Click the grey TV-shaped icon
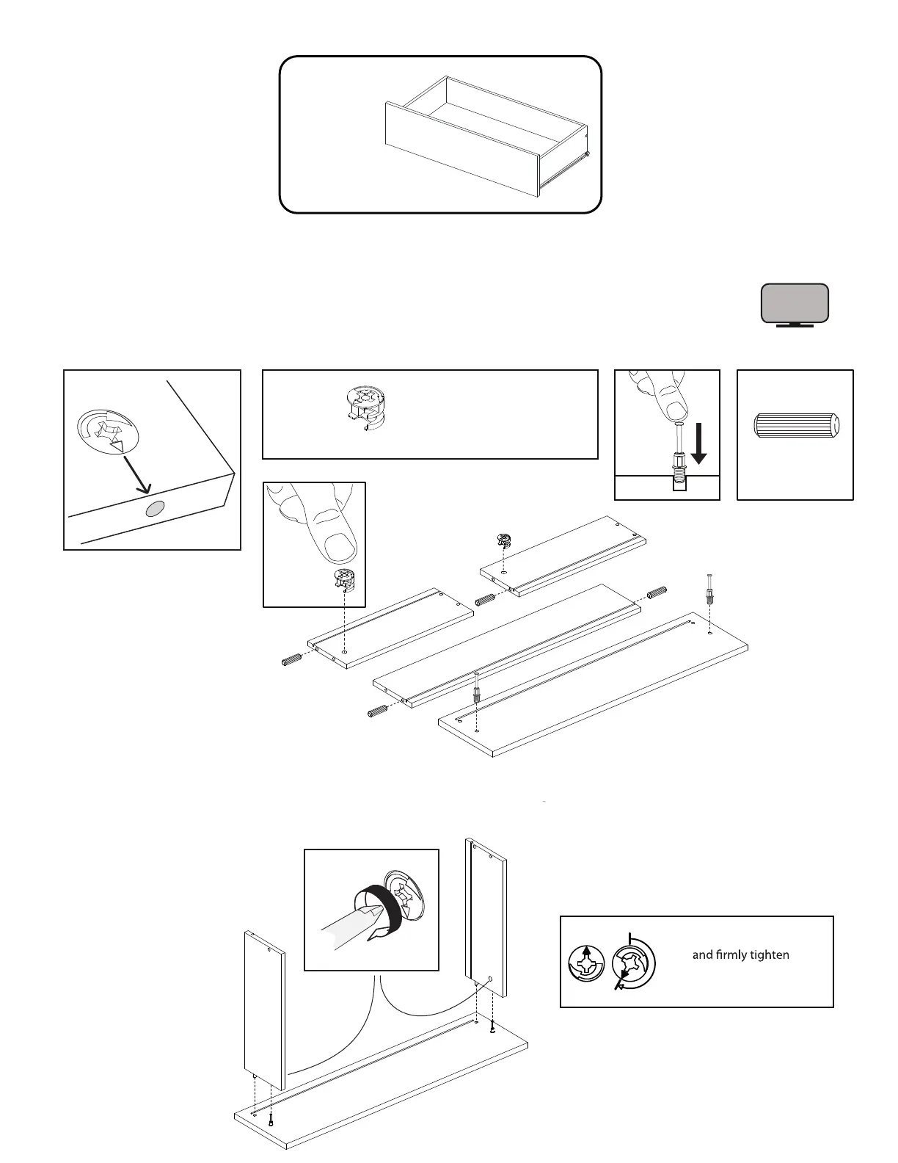(x=795, y=304)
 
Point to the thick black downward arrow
(x=699, y=448)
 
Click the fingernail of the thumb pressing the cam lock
(x=338, y=546)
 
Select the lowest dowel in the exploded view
(x=377, y=711)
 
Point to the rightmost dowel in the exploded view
(x=657, y=592)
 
